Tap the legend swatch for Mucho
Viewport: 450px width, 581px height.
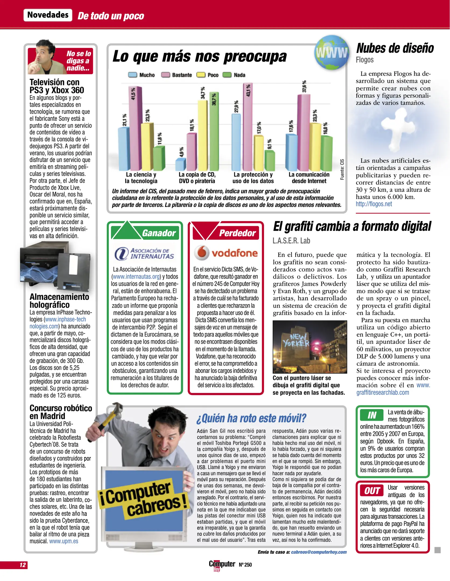point(133,75)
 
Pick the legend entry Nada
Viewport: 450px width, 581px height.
point(234,75)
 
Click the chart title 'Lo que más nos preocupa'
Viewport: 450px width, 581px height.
point(199,56)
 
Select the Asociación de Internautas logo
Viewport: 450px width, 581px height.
point(144,253)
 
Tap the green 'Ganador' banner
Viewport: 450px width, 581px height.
point(159,233)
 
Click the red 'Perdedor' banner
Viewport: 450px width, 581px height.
point(237,233)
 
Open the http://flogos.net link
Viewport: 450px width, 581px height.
point(374,204)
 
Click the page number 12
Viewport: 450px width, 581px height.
point(23,565)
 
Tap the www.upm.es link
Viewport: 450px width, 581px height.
point(64,541)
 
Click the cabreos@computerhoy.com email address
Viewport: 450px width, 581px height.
point(319,552)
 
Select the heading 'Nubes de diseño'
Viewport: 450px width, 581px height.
point(395,48)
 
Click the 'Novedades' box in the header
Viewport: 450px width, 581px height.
point(48,15)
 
